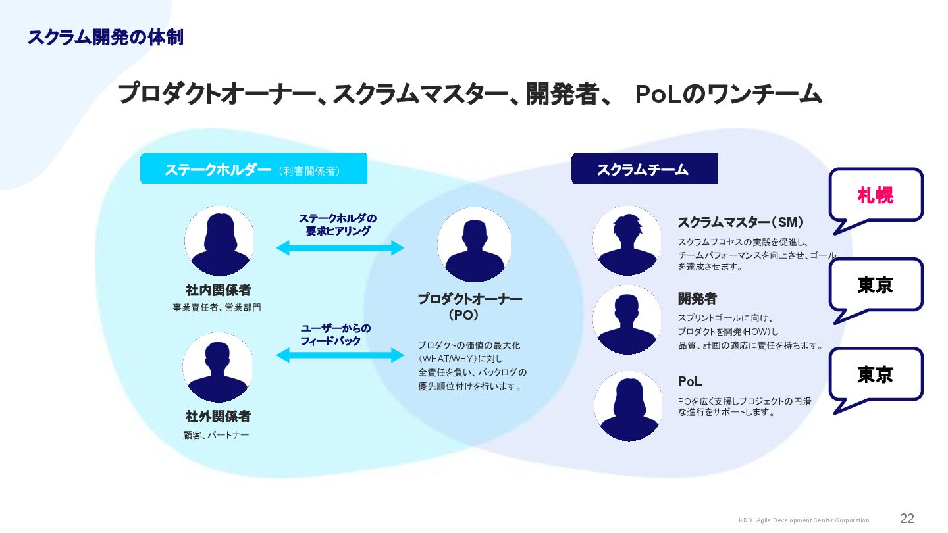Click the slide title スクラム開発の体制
coord(105,38)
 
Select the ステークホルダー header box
coord(253,169)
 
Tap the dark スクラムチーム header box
coord(644,169)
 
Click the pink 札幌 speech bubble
coord(876,195)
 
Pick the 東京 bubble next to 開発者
coord(876,285)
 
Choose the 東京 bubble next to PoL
coord(876,375)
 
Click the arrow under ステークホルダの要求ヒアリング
coord(340,248)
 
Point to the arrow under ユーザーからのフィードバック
coord(340,355)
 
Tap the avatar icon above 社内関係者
coord(219,241)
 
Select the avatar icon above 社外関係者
coord(218,367)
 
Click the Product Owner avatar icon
coord(474,245)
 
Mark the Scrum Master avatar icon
coord(627,241)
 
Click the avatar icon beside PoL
coord(628,406)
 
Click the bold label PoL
coord(690,382)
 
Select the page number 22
coord(907,519)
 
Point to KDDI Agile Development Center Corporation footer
coord(804,520)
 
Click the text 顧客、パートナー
coord(216,435)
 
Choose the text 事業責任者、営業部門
coord(217,307)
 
